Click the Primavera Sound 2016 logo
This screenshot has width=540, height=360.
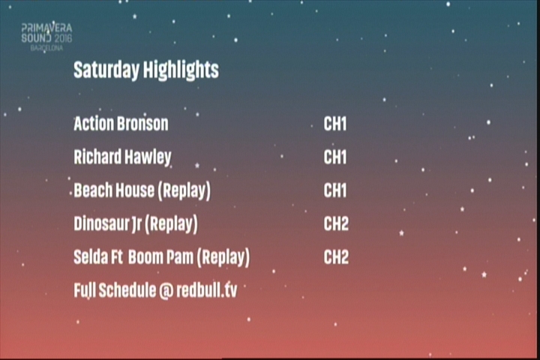tap(46, 37)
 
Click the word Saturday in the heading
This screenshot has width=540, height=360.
tap(106, 70)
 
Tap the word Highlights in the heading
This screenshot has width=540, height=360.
tap(181, 70)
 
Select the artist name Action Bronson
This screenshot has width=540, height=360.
tap(121, 124)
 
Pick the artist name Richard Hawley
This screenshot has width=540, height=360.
tap(122, 157)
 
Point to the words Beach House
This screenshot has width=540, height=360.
tap(113, 190)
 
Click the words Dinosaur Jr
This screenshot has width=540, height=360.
tap(107, 224)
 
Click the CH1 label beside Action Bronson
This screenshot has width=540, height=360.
tap(335, 124)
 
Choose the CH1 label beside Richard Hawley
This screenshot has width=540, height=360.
tap(335, 157)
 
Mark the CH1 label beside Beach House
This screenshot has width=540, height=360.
tap(335, 190)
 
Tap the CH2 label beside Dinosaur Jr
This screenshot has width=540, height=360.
tap(336, 224)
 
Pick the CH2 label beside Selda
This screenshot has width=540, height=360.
tap(336, 257)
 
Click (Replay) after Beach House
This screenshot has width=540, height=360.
tap(184, 190)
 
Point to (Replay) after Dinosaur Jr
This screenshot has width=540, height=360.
tap(171, 224)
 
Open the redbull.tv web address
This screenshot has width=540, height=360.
tap(207, 290)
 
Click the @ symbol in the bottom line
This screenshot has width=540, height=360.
tap(166, 291)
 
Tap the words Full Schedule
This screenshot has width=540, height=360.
tap(115, 290)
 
